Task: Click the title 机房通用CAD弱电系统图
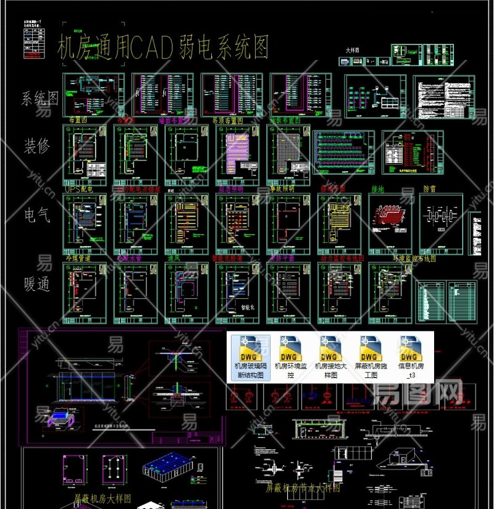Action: pyautogui.click(x=163, y=48)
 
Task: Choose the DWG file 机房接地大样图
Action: pyautogui.click(x=329, y=358)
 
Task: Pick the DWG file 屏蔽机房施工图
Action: pyautogui.click(x=371, y=358)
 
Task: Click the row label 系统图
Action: pyautogui.click(x=40, y=99)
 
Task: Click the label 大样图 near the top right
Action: pyautogui.click(x=354, y=51)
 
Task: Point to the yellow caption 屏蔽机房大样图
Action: pyautogui.click(x=103, y=497)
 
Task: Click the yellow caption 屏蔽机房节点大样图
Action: pyautogui.click(x=303, y=487)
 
